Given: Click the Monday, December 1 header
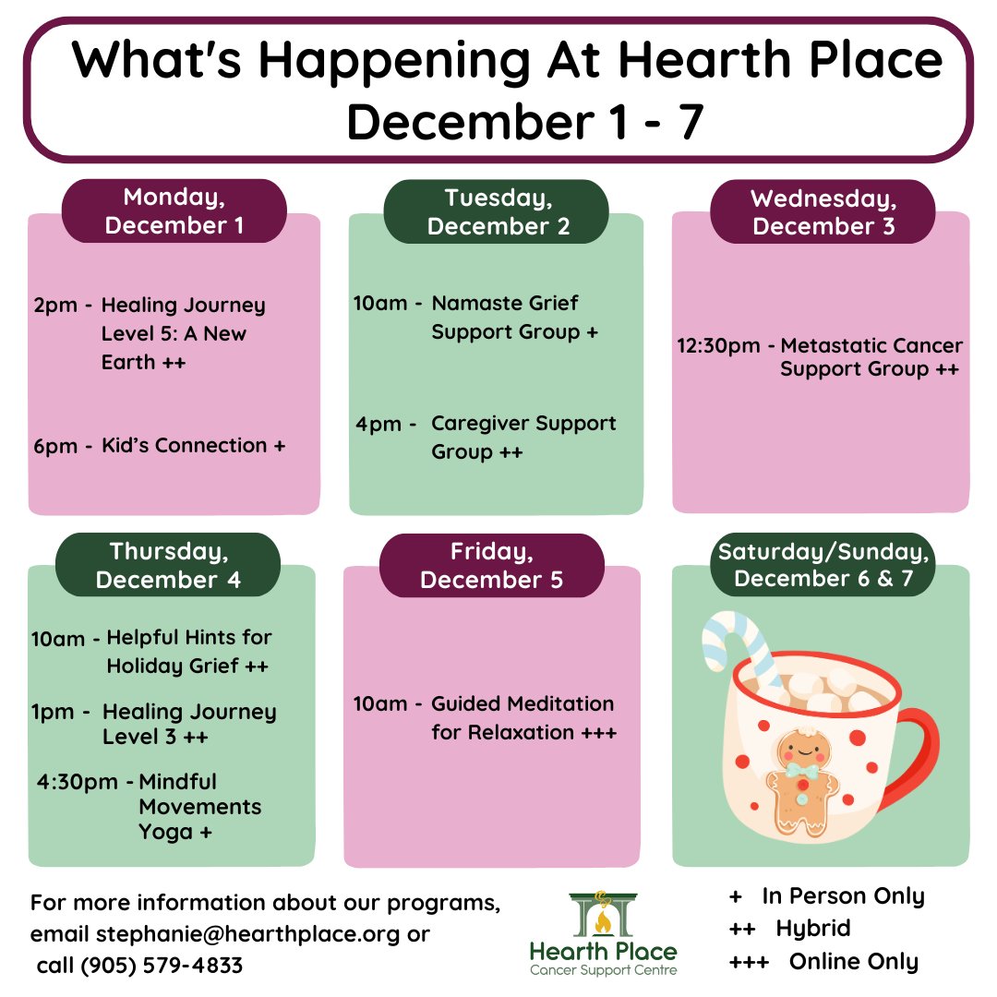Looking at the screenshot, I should [x=174, y=210].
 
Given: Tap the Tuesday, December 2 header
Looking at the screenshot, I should [x=498, y=210].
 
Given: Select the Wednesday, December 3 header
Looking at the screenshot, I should [x=823, y=211].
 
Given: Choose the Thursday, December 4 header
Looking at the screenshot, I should [x=168, y=565].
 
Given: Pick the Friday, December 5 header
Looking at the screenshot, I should [x=492, y=565].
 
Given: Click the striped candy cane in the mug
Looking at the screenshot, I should [x=739, y=646].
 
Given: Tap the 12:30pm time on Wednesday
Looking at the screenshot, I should [x=720, y=346].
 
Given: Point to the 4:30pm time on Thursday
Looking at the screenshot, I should [x=78, y=782].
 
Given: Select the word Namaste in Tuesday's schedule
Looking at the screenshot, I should [x=473, y=303].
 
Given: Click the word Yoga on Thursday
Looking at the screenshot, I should [x=166, y=832].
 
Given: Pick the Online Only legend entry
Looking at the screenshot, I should [x=853, y=961].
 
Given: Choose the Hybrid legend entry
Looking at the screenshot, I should [x=812, y=928].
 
